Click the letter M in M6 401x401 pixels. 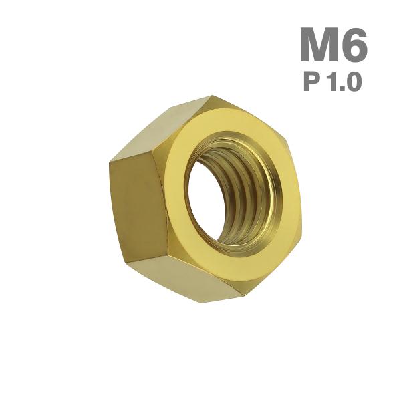click(x=321, y=45)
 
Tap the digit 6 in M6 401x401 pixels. click(x=355, y=45)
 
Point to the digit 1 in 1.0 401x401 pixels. click(x=329, y=82)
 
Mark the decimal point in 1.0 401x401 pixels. click(x=340, y=89)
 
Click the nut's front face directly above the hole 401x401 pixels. click(x=227, y=124)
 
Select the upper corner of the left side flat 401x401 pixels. click(x=110, y=160)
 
